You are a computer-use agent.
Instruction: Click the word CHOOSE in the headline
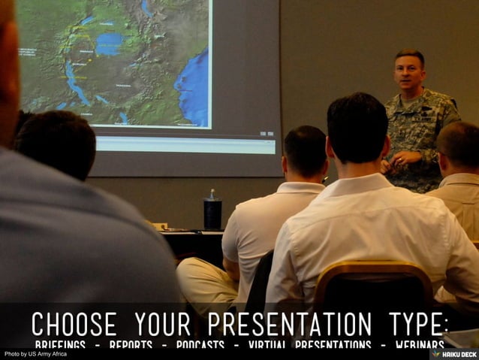pos(74,324)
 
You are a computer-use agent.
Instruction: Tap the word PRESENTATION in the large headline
pos(289,324)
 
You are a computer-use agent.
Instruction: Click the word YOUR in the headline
pos(162,324)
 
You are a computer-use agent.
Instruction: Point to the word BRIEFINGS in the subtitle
pos(60,345)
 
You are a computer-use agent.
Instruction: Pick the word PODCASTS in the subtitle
pos(200,345)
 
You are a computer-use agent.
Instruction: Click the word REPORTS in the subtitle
pos(131,345)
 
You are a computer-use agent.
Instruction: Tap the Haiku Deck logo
pos(453,353)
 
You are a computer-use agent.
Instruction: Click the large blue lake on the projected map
pos(109,43)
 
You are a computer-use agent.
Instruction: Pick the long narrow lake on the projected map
pos(75,81)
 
